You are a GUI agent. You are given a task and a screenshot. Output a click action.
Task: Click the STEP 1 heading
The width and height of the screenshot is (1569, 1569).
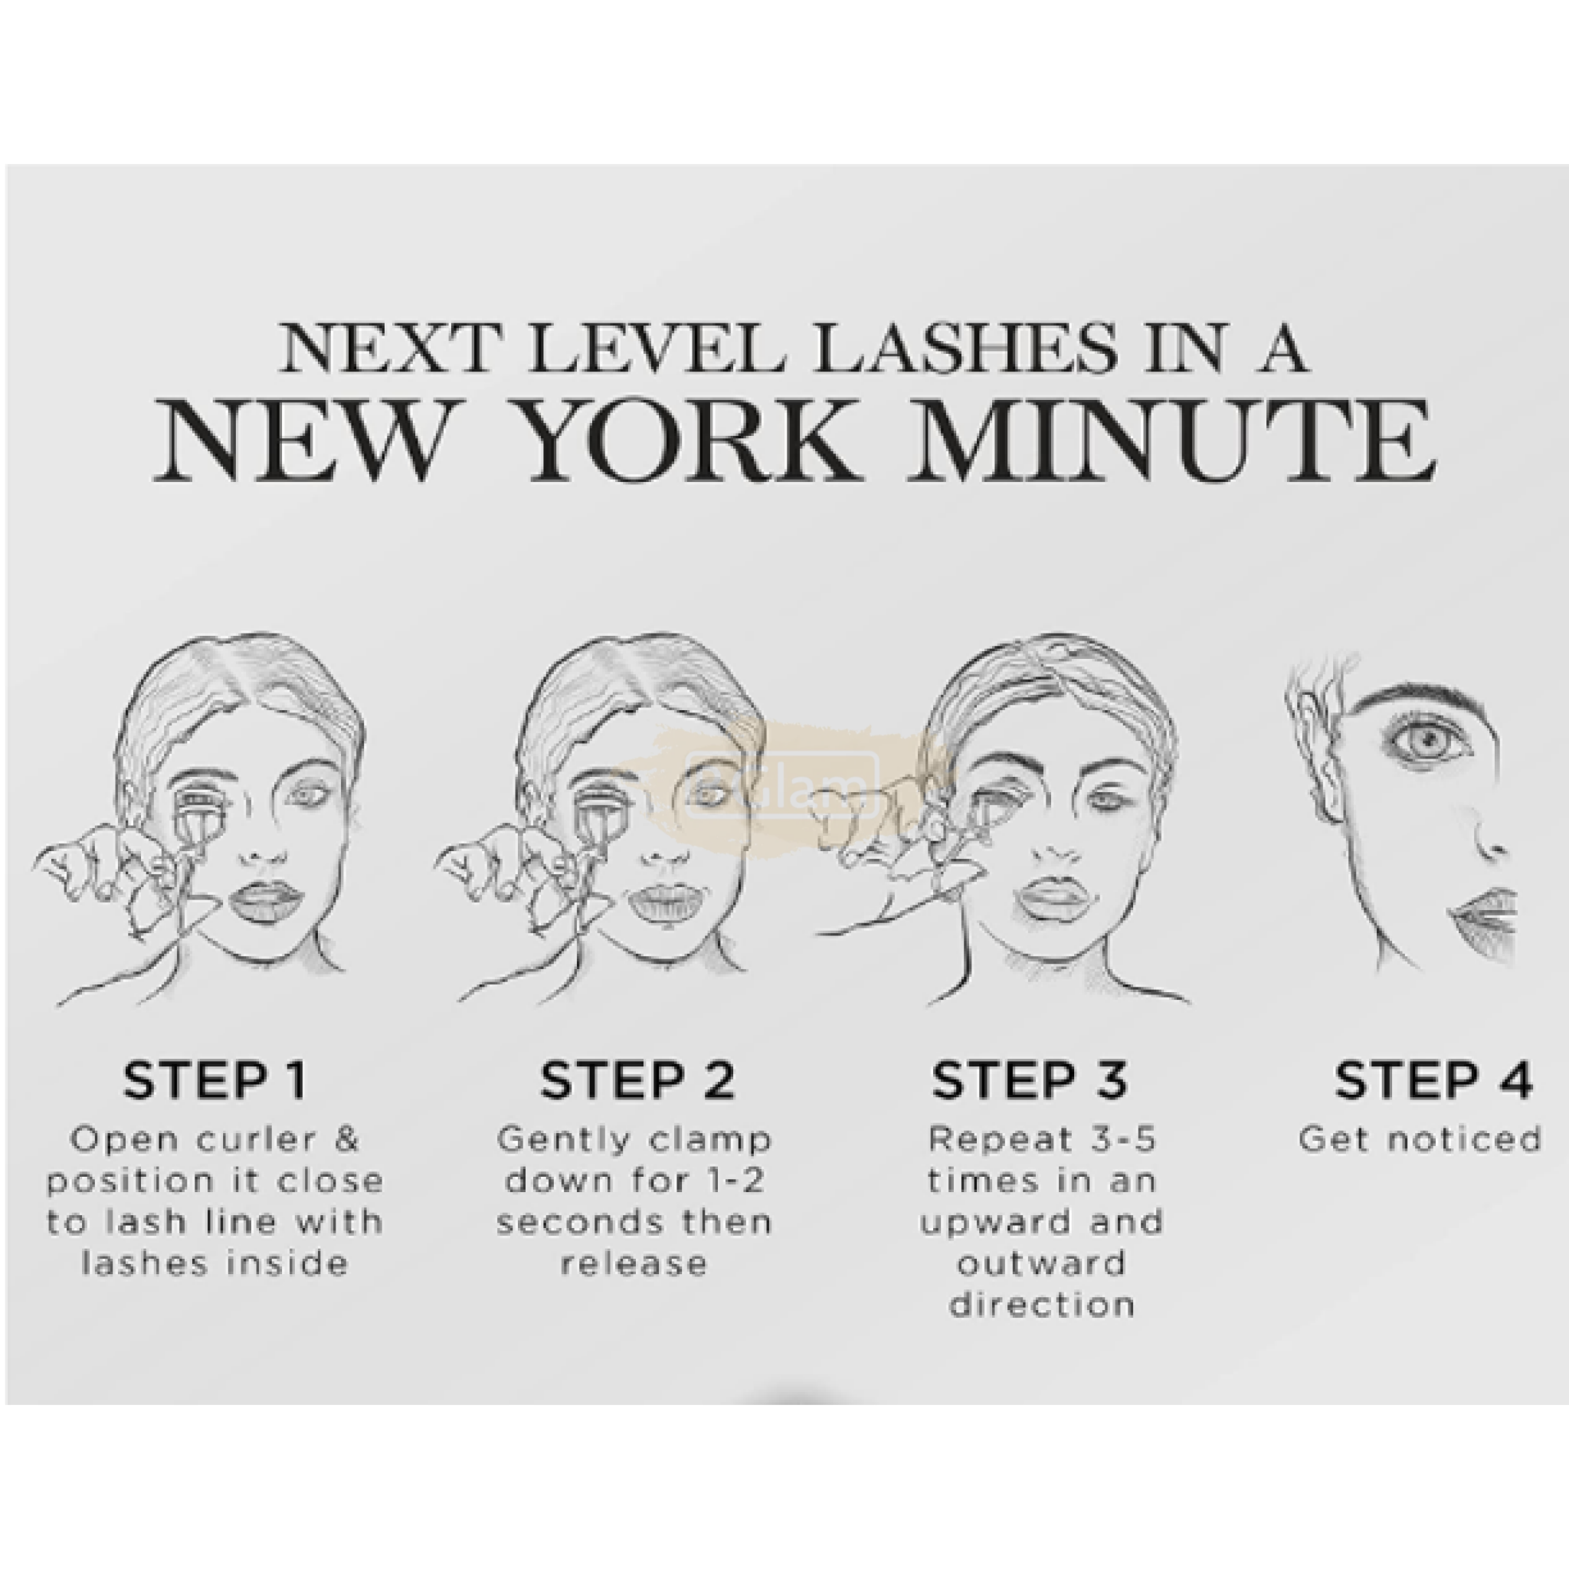pos(215,1080)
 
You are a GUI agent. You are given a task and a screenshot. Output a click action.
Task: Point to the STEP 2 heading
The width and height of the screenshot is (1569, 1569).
pos(637,1080)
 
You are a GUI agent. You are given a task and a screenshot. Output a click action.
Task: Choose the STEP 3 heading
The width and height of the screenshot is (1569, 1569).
pos(1030,1080)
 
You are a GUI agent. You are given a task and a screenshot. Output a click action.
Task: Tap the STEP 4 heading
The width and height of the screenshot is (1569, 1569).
pos(1433,1080)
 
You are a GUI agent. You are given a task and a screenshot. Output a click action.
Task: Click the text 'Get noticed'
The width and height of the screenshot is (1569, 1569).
pos(1420,1139)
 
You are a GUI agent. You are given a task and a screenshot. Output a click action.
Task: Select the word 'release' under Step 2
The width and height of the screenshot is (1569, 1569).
pos(634,1263)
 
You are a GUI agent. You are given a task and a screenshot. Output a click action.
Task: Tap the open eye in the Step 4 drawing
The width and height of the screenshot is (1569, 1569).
pos(1431,742)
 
